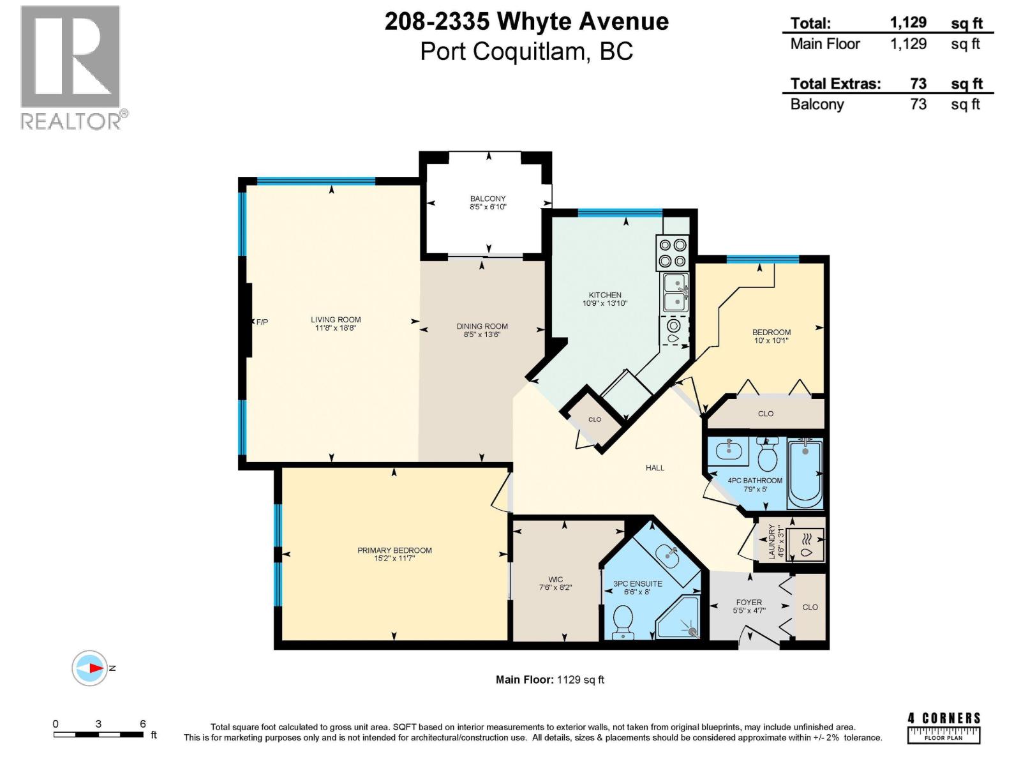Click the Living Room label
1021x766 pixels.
tap(336, 320)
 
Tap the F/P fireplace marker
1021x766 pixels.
tap(262, 322)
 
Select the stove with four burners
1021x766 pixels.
tap(673, 253)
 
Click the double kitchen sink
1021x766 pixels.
tap(674, 292)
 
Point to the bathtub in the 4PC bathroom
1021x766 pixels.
tap(805, 472)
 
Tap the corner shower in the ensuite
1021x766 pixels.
tap(679, 618)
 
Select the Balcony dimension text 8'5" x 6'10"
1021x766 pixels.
tap(488, 207)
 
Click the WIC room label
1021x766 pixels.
tap(555, 580)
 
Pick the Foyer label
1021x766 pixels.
tap(749, 602)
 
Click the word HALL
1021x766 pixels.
tap(655, 468)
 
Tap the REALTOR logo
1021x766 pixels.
tap(71, 67)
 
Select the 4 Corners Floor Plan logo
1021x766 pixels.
tap(944, 728)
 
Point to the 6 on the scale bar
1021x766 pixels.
tap(143, 723)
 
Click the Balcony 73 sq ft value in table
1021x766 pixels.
tap(918, 104)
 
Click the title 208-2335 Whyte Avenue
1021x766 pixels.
tap(526, 22)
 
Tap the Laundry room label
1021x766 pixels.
tap(771, 541)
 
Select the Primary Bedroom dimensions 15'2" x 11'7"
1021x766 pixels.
tap(394, 559)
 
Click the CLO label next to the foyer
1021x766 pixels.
tap(810, 607)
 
